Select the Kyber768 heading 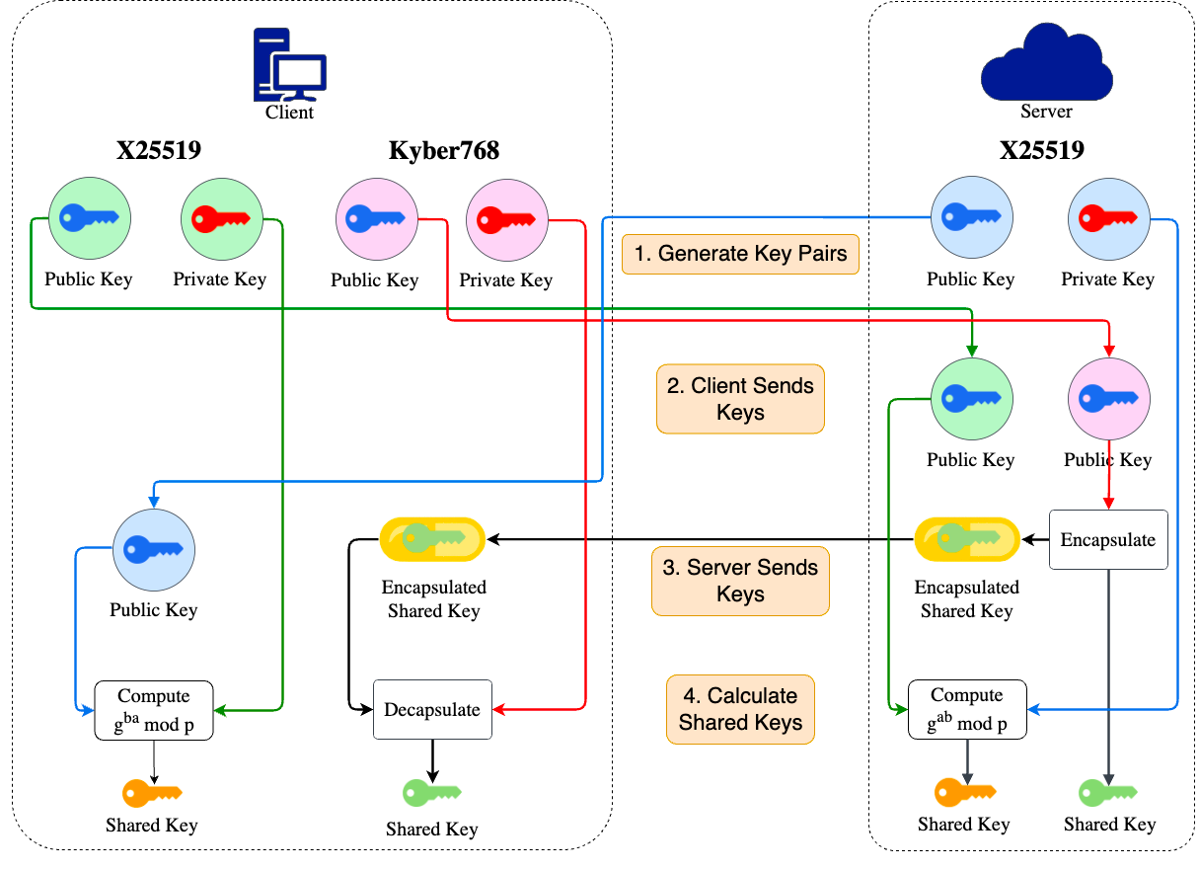point(443,151)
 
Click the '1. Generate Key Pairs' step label point(740,254)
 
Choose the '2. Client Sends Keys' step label point(740,399)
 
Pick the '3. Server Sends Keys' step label point(740,581)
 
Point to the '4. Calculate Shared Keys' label point(740,709)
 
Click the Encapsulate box point(1107,540)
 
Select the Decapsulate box point(432,710)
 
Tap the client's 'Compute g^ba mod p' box point(154,710)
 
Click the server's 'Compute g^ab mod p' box point(967,710)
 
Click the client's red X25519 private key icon point(221,218)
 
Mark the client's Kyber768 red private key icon point(506,220)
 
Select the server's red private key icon point(1109,218)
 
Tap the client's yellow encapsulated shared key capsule point(433,539)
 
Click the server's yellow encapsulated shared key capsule point(966,539)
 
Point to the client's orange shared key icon point(152,793)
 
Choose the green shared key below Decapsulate point(432,793)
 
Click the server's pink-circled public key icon point(1109,399)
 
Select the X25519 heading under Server point(1041,151)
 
